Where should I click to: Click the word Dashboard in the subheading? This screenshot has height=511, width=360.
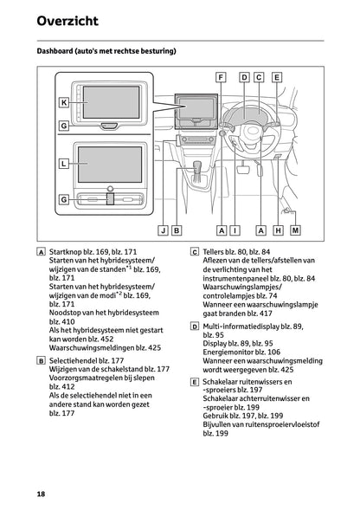pos(58,52)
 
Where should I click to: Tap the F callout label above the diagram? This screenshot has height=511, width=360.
pos(222,77)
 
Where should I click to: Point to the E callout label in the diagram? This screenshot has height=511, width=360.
pos(276,77)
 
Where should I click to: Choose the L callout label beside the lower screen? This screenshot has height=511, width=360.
pos(64,162)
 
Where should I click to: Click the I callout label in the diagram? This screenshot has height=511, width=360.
pos(236,230)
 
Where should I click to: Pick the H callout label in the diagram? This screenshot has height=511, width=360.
pos(279,230)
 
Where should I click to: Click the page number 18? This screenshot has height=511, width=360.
pos(41,494)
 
